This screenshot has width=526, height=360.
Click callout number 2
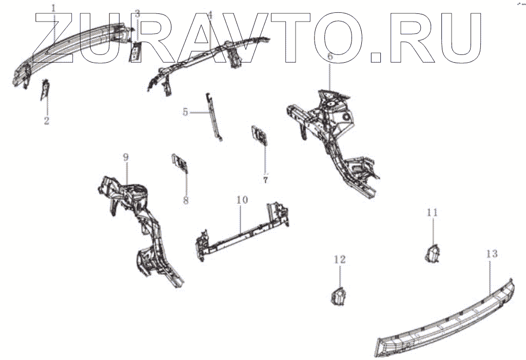(47, 121)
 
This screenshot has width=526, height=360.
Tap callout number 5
(186, 111)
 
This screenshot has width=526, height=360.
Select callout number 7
(265, 180)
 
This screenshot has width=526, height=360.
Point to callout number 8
(186, 200)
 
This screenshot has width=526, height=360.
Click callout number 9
(126, 158)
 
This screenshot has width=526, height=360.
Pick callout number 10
(242, 199)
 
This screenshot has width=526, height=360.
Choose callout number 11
(432, 212)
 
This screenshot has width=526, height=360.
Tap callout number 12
(340, 260)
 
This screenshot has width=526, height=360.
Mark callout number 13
(492, 253)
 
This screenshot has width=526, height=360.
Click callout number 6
(330, 56)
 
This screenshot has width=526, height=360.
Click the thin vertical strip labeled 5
(214, 116)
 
